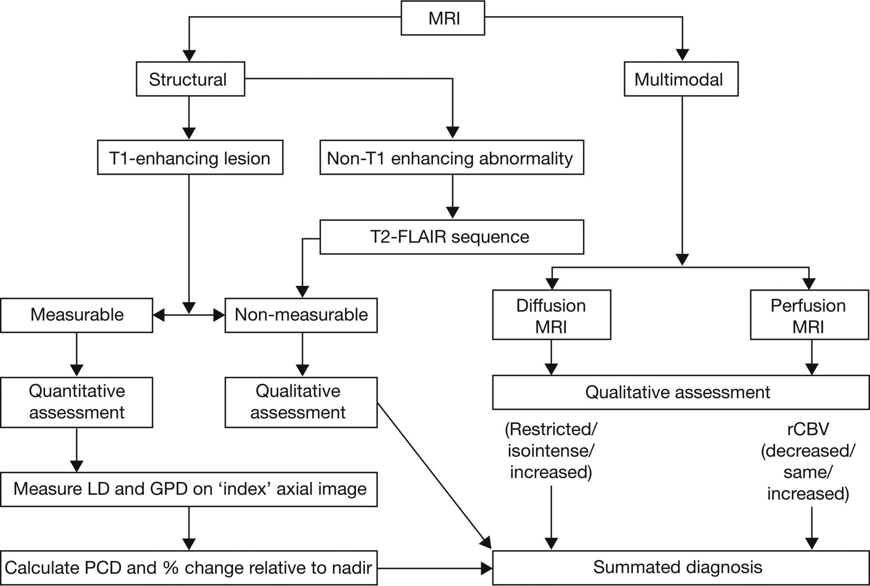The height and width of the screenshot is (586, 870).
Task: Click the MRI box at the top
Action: [443, 18]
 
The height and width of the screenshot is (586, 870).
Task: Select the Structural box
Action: [190, 79]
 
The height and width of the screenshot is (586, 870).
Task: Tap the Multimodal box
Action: [681, 79]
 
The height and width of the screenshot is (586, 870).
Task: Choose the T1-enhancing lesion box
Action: [190, 158]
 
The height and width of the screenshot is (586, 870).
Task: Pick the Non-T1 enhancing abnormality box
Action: [452, 158]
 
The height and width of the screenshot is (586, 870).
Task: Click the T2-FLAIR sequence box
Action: [452, 237]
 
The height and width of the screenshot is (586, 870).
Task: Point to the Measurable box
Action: [76, 315]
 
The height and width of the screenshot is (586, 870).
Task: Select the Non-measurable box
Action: [301, 315]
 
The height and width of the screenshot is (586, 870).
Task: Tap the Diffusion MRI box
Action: [551, 315]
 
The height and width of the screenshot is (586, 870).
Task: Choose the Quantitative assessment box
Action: [76, 402]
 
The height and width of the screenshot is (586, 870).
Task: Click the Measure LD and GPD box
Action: [189, 489]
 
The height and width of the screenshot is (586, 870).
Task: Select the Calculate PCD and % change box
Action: [189, 567]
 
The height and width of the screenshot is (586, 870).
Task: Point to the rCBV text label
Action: [808, 429]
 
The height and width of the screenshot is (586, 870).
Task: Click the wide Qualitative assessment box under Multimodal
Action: [681, 392]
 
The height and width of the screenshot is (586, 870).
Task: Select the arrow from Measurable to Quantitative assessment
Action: [76, 354]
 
